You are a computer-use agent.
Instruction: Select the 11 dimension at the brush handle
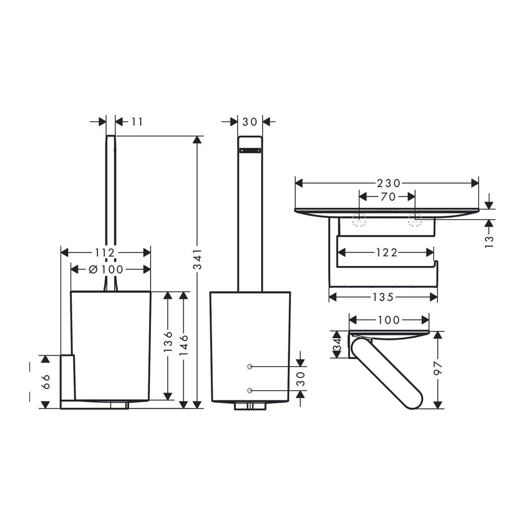[137, 122]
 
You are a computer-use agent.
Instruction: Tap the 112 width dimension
[105, 253]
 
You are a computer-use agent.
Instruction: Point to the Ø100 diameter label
[106, 269]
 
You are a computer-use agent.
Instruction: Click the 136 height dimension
[168, 342]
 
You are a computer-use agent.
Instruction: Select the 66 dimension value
[46, 381]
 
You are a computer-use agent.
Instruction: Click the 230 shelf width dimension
[388, 183]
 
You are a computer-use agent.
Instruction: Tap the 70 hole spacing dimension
[388, 197]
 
